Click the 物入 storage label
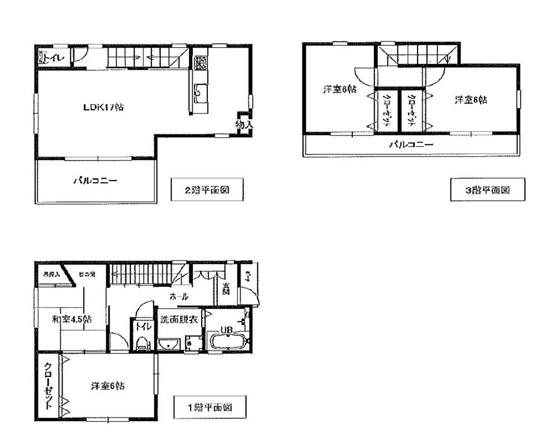pyautogui.click(x=244, y=125)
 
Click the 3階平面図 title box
pyautogui.click(x=487, y=190)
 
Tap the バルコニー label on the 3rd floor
pyautogui.click(x=411, y=145)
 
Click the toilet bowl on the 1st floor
pyautogui.click(x=142, y=343)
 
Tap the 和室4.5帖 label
pyautogui.click(x=72, y=319)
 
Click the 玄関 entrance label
pyautogui.click(x=226, y=289)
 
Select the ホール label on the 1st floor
pyautogui.click(x=178, y=296)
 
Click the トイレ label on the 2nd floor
pyautogui.click(x=55, y=57)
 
